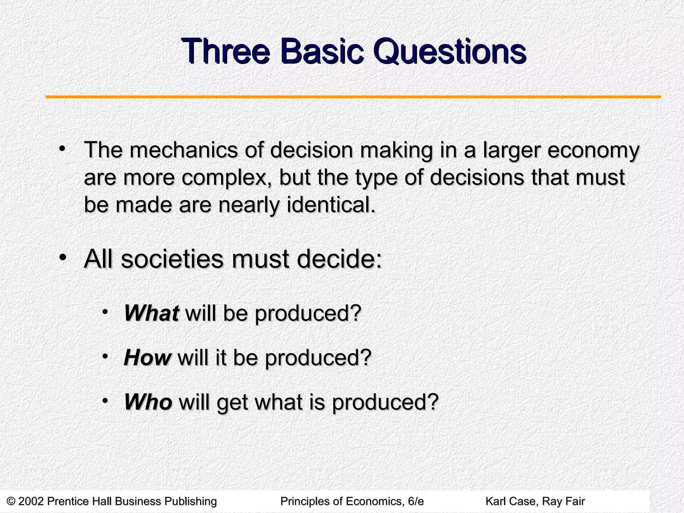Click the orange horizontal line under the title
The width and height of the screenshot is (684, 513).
353,97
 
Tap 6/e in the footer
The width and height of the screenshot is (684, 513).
416,501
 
